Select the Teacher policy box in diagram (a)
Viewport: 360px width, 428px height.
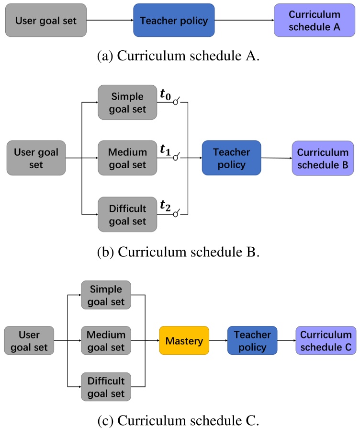tap(174, 21)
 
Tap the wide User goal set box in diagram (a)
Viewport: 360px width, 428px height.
tap(45, 21)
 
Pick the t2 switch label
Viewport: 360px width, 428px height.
tap(166, 207)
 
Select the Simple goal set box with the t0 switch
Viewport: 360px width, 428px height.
tap(127, 102)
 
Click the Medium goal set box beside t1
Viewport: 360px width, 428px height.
tap(127, 158)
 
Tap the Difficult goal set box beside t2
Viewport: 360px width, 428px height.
tap(127, 214)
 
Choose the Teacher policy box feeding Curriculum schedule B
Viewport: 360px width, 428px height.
tap(231, 158)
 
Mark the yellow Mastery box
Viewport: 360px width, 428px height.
tap(184, 341)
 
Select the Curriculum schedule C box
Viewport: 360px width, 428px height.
tap(326, 341)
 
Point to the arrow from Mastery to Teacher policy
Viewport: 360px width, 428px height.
tap(218, 341)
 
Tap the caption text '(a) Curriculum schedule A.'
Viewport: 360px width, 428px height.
tap(180, 56)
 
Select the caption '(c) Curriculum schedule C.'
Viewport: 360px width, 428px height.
tap(180, 420)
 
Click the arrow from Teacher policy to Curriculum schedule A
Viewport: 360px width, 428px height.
tap(244, 21)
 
